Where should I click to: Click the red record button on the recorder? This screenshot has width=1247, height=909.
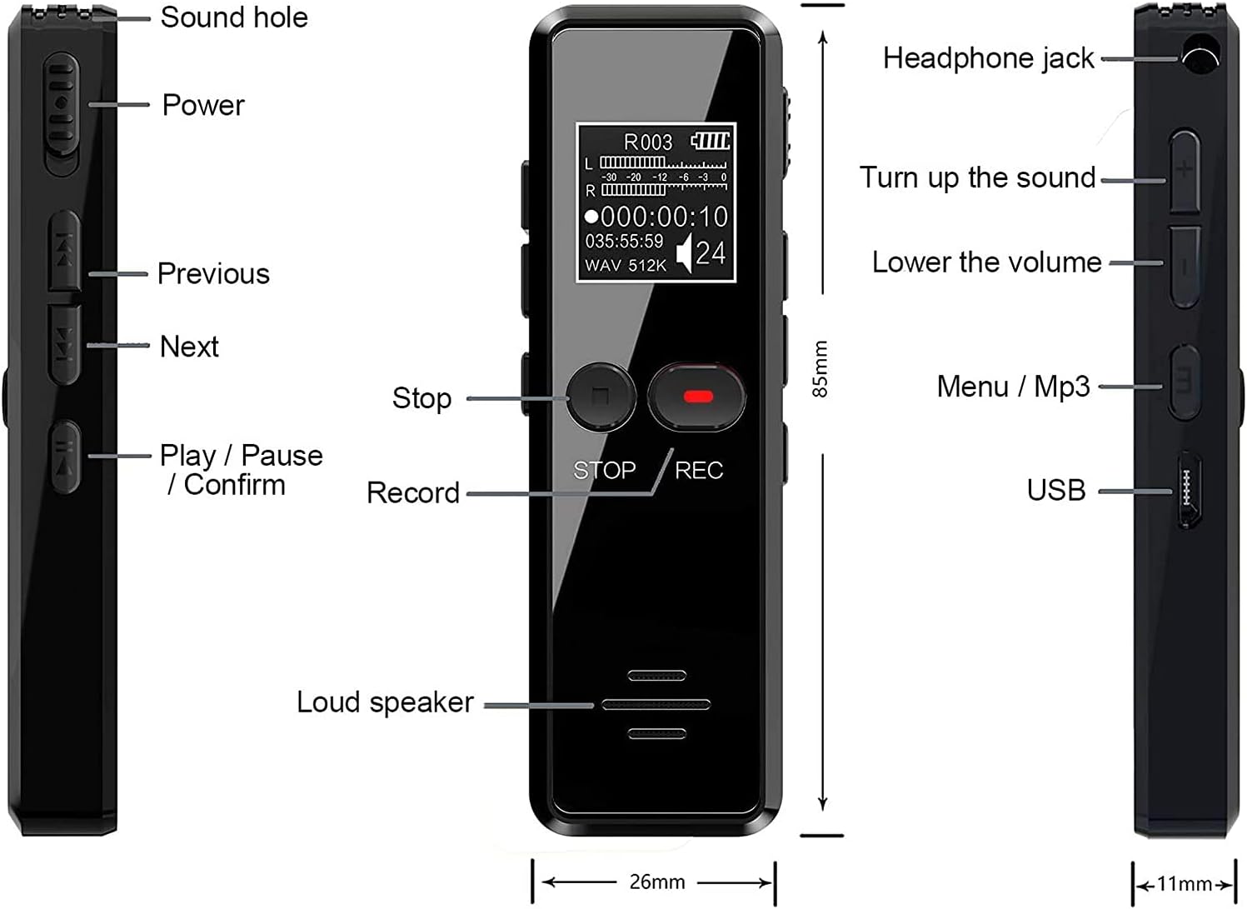click(698, 396)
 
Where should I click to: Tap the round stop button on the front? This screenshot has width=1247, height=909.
click(601, 397)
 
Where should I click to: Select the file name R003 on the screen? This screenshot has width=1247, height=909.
click(647, 142)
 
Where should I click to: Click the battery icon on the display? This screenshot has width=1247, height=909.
click(711, 141)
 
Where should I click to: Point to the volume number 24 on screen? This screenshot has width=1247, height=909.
click(711, 253)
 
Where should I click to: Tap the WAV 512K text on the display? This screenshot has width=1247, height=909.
click(626, 266)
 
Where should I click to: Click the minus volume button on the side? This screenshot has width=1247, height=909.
click(1185, 266)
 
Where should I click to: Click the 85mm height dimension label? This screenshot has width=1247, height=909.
click(821, 368)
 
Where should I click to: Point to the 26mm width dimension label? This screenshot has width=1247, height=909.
click(657, 882)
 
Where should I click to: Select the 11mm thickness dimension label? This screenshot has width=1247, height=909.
click(1184, 884)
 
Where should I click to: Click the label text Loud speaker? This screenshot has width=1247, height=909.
click(385, 702)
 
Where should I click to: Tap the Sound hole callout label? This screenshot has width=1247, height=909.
click(234, 17)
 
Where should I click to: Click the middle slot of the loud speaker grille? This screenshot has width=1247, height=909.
click(656, 705)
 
